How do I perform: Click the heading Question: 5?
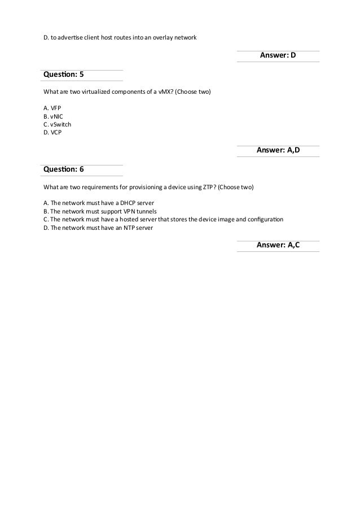coord(64,75)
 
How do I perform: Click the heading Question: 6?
coord(64,169)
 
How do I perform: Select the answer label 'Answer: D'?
coord(278,55)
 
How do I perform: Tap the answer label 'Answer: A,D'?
coord(278,150)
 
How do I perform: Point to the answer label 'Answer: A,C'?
coord(278,245)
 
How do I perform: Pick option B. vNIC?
coord(54,115)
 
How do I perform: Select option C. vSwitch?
coord(57,124)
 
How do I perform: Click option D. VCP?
coord(52,133)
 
